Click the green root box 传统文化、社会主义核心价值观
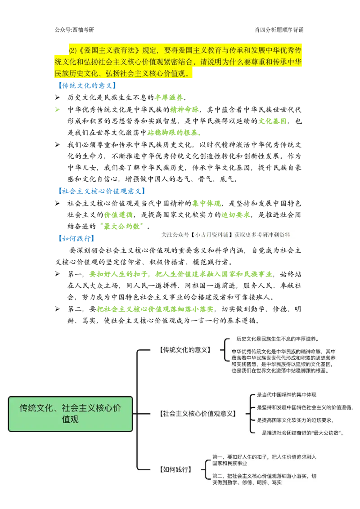[x=70, y=414]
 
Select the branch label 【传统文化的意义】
[x=184, y=349]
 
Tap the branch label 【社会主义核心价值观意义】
[x=198, y=413]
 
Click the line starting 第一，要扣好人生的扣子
[x=265, y=457]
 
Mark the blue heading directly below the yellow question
[x=88, y=85]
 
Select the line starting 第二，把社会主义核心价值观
[x=265, y=476]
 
